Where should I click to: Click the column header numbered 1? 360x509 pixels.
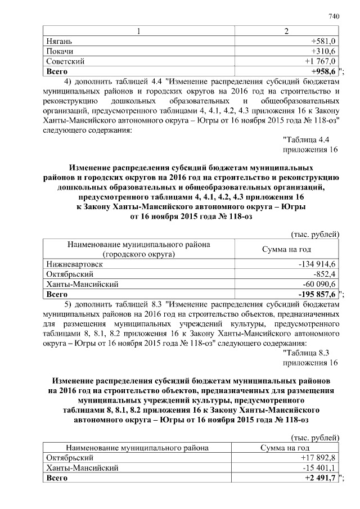(138, 31)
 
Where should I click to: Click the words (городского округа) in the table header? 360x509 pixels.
(138, 254)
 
